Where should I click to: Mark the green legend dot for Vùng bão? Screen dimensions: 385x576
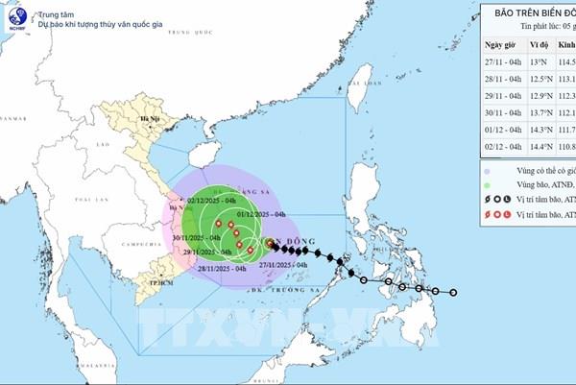click(x=488, y=184)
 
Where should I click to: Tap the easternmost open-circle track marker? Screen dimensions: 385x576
click(x=456, y=292)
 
